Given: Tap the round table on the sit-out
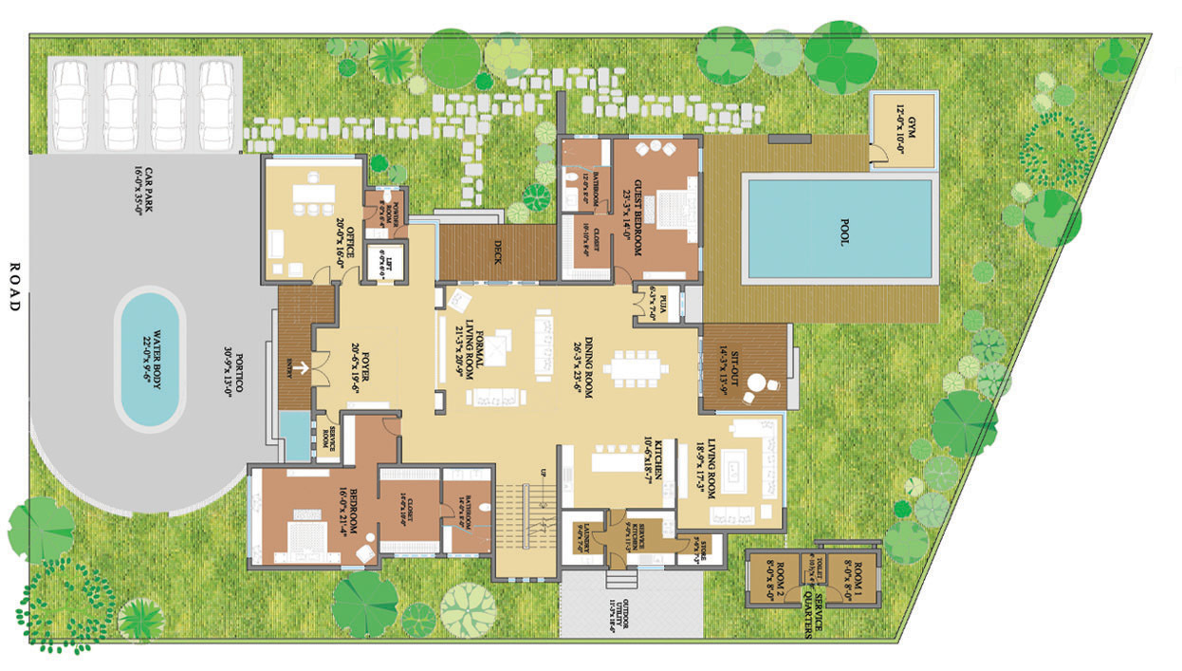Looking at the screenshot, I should tap(757, 384).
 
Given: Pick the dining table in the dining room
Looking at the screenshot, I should tap(635, 366).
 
